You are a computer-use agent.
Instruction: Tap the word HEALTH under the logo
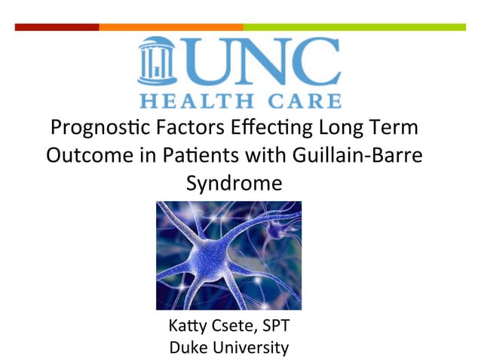coord(199,100)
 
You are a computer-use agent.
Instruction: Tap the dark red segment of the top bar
coord(57,27)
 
